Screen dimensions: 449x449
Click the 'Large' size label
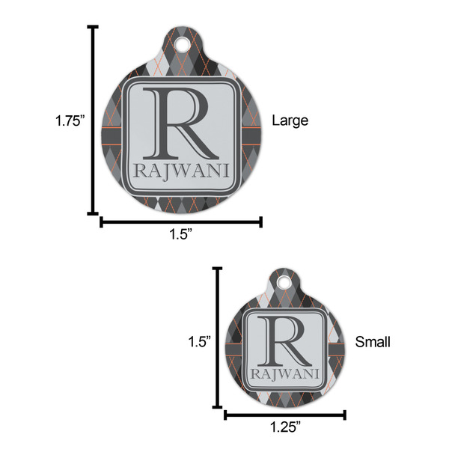290,120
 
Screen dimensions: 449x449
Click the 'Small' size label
372,342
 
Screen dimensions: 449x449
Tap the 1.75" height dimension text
70,120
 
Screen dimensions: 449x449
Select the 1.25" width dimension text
286,427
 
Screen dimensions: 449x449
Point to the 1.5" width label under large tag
181,234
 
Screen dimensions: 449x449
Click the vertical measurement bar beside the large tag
94,120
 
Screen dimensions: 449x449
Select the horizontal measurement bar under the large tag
181,221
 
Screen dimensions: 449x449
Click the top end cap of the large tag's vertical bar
94,27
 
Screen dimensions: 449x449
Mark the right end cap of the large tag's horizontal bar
261,221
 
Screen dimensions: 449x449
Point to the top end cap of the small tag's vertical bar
218,267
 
